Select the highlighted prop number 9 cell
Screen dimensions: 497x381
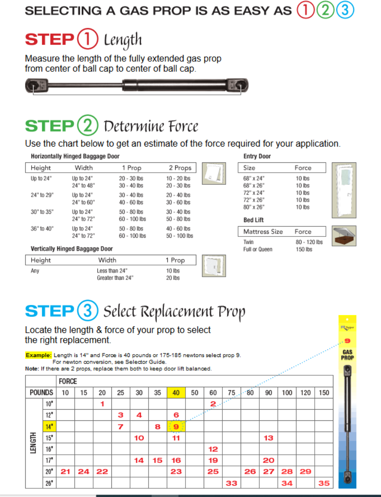click(x=176, y=426)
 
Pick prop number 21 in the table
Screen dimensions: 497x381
click(x=65, y=471)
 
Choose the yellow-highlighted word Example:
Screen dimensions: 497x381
click(x=39, y=355)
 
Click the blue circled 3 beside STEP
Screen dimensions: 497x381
click(x=87, y=311)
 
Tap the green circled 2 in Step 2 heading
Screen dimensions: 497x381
click(x=87, y=125)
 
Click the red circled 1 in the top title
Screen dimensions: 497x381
click(x=305, y=10)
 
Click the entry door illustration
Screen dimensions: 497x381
click(x=345, y=190)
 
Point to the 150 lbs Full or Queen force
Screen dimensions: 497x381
click(x=304, y=249)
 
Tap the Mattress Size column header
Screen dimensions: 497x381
click(x=263, y=232)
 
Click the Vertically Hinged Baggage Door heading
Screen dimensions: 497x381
click(x=72, y=248)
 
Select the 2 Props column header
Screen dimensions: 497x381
click(x=180, y=168)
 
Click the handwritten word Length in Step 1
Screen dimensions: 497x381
click(x=123, y=40)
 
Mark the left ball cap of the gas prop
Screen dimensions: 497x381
click(x=33, y=85)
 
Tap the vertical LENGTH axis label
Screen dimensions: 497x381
click(x=34, y=443)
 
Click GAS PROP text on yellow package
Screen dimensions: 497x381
click(x=347, y=355)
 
